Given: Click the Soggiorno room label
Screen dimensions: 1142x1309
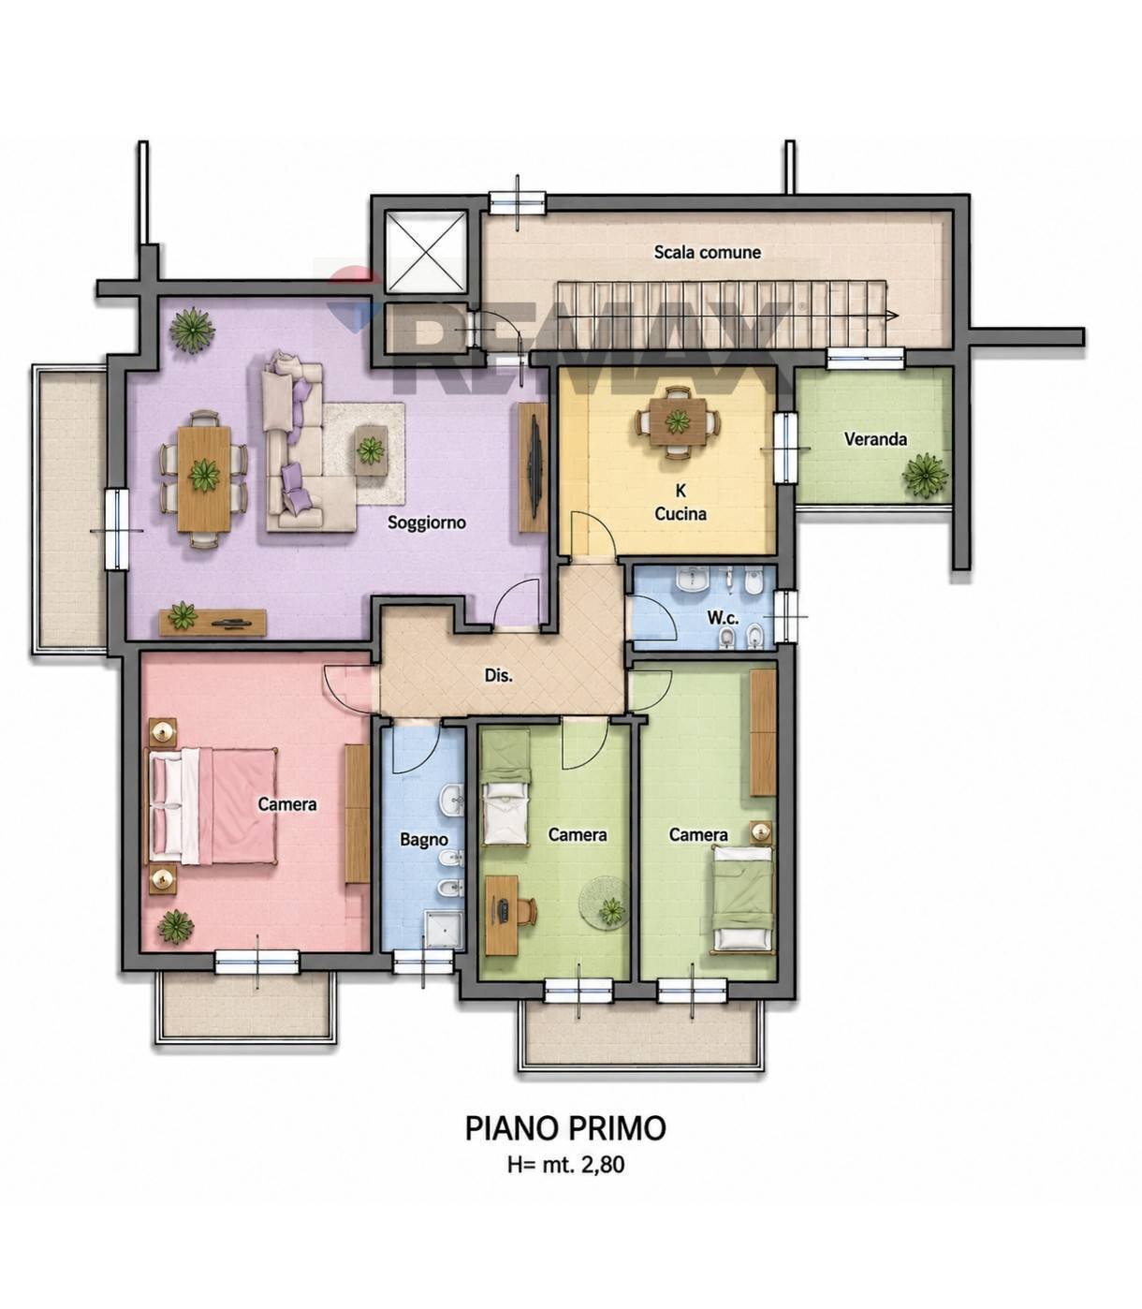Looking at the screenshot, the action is tap(427, 522).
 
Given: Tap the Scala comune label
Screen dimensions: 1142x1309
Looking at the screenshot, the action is tap(707, 252).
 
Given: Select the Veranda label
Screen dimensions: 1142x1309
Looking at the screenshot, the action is tap(875, 439).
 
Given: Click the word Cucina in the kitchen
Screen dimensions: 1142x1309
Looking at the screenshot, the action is tap(681, 514).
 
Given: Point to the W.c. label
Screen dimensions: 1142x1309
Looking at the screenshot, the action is tap(724, 618).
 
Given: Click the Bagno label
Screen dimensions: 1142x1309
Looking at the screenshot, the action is tap(424, 839).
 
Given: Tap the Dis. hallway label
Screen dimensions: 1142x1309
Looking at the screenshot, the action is tap(499, 676).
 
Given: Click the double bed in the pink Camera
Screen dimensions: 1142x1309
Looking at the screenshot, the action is tap(213, 805).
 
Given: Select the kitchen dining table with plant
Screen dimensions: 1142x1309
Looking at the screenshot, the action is tap(678, 422).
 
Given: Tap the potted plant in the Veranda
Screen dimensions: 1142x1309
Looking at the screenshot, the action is tap(924, 475).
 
